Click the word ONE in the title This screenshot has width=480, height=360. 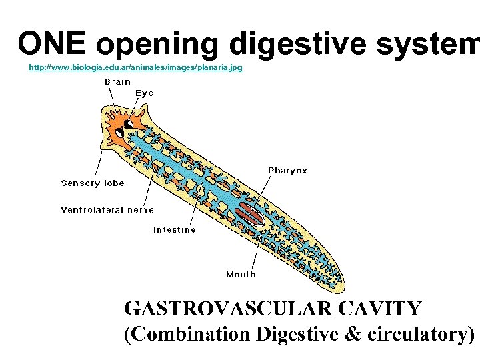[x=52, y=43]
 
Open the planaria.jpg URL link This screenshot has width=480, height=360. [x=135, y=67]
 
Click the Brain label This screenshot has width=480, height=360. [x=117, y=82]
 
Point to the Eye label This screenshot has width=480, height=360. [x=145, y=93]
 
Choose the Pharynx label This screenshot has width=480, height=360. [x=287, y=171]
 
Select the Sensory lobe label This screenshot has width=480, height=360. [x=93, y=183]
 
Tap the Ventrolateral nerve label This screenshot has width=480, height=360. [x=107, y=210]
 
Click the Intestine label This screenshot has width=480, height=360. [x=175, y=230]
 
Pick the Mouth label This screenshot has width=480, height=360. [x=241, y=274]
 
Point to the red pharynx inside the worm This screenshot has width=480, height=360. [x=250, y=213]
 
